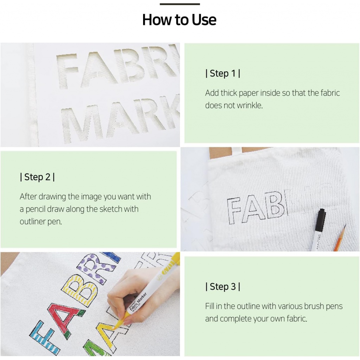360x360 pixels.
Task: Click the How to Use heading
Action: click(179, 20)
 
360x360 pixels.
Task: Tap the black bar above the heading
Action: click(180, 4)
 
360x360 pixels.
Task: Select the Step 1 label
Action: click(223, 73)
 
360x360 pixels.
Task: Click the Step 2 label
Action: click(37, 177)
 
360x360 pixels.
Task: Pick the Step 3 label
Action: click(223, 287)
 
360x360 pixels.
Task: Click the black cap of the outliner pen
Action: click(320, 220)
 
